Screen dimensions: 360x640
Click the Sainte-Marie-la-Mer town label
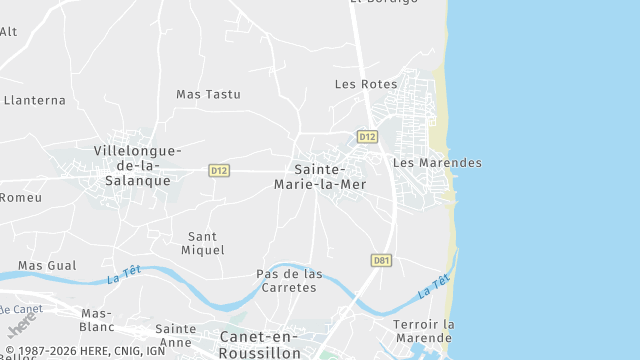pyautogui.click(x=330, y=177)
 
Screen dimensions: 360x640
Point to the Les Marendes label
pyautogui.click(x=437, y=163)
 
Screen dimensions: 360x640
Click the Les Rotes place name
pyautogui.click(x=365, y=85)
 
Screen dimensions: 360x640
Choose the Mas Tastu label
pyautogui.click(x=208, y=94)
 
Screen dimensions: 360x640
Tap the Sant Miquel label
pyautogui.click(x=206, y=243)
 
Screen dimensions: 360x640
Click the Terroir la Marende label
pyautogui.click(x=424, y=331)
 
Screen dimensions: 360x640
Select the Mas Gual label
pyautogui.click(x=47, y=265)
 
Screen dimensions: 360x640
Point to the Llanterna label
pyautogui.click(x=34, y=100)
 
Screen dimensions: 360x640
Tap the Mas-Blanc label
pyautogui.click(x=97, y=320)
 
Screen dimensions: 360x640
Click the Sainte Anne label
pyautogui.click(x=176, y=335)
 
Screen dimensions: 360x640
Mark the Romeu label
pyautogui.click(x=20, y=198)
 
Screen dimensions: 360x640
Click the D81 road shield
pyautogui.click(x=380, y=260)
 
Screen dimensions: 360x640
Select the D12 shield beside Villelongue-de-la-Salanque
pyautogui.click(x=220, y=171)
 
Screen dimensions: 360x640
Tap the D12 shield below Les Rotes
pyautogui.click(x=367, y=136)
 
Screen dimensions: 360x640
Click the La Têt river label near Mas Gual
pyautogui.click(x=124, y=271)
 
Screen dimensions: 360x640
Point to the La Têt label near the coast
pyautogui.click(x=434, y=286)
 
